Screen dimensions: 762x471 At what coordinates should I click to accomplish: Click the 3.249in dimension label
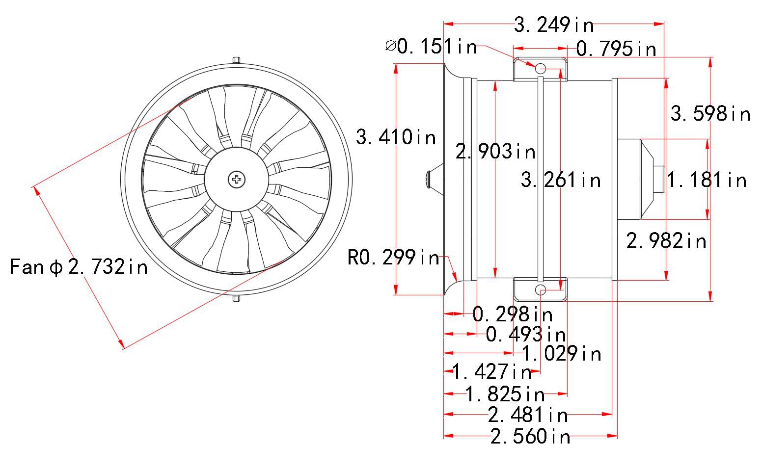coord(554,25)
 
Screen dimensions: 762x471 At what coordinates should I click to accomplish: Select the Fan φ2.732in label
coord(79,266)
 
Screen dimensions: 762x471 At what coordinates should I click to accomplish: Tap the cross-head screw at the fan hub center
coord(237,179)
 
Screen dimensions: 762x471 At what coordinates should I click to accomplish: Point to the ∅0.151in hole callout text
coord(432,46)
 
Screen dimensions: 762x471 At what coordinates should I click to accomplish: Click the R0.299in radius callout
coord(393,257)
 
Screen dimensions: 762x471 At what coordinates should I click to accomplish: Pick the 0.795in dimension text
coord(616,49)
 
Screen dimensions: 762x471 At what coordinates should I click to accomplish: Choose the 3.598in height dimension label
coord(710,113)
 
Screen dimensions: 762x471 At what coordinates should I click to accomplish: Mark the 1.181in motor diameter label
coord(707,180)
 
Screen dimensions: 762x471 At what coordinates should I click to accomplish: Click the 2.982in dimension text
coord(666,240)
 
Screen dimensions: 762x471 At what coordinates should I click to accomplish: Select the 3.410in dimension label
coord(396,137)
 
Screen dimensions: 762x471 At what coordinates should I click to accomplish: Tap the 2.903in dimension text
coord(495,151)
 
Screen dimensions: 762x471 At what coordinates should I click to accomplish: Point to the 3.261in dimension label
coord(561,180)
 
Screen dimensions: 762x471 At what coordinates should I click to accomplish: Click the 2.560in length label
coord(530,436)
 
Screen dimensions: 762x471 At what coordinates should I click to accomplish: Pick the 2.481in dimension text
coord(528,415)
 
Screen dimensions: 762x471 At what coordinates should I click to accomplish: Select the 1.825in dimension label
coord(505,394)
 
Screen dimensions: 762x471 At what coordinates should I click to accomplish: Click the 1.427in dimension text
coord(492,371)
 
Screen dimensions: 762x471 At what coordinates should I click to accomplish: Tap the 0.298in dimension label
coord(513,314)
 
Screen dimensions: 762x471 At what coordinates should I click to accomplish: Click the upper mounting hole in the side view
coord(541,68)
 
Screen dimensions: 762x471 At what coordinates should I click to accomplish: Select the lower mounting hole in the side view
coord(541,289)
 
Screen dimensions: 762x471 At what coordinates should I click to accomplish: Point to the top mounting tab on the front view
coord(237,60)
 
